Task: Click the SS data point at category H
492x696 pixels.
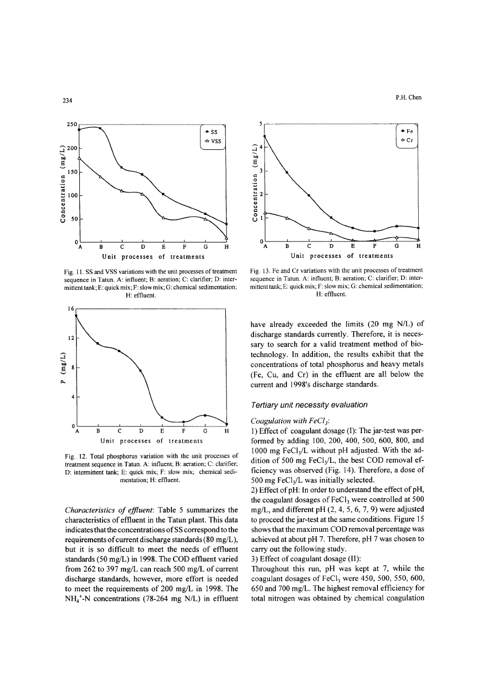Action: (227, 224)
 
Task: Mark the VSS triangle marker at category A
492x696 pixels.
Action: (79, 158)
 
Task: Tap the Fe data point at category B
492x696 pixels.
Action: (287, 172)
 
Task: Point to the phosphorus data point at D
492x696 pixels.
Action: (140, 370)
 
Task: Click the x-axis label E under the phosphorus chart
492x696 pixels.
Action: (162, 431)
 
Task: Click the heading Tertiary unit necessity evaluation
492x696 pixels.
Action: (313, 405)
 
